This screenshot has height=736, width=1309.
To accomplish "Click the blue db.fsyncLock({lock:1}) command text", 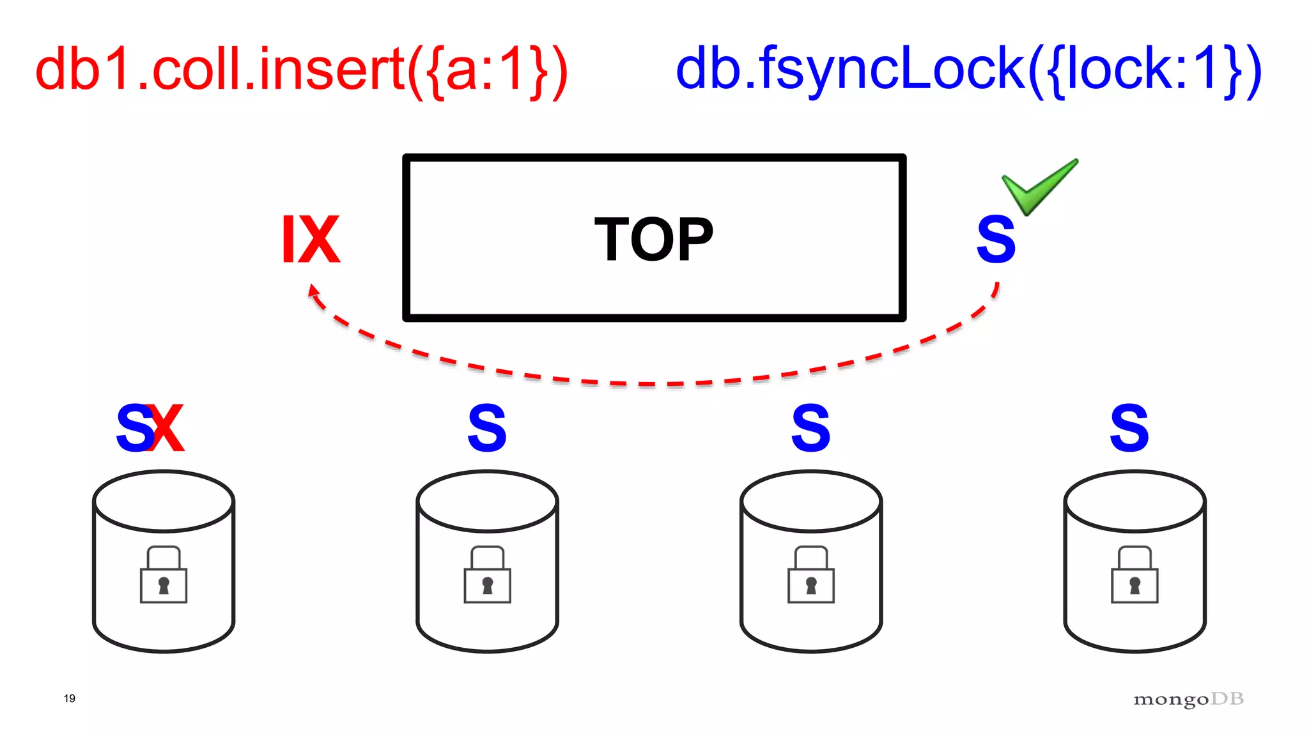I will tap(968, 70).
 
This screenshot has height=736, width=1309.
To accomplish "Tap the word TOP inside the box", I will tap(653, 240).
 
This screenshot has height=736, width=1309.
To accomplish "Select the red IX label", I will tap(311, 240).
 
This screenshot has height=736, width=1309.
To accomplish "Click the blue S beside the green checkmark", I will tap(996, 240).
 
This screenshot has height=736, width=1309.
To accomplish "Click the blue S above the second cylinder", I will tap(487, 428).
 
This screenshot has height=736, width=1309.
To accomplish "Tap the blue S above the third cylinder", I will tap(810, 428).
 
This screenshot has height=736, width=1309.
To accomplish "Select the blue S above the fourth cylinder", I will tap(1129, 428).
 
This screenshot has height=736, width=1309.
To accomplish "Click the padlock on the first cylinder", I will tap(164, 575).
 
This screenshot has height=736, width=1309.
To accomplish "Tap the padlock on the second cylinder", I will tap(487, 575).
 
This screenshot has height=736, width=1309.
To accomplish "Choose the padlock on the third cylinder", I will tap(811, 575).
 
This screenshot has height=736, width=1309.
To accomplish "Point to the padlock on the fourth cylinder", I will tap(1135, 575).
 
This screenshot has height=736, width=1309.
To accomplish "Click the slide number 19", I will tap(70, 698).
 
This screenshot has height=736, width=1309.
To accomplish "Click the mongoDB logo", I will tap(1188, 700).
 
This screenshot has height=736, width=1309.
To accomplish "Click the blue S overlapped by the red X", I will tap(132, 428).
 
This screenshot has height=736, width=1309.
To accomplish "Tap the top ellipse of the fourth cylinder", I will tap(1135, 502).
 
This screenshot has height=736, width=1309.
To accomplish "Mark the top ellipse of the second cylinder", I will tap(487, 502).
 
